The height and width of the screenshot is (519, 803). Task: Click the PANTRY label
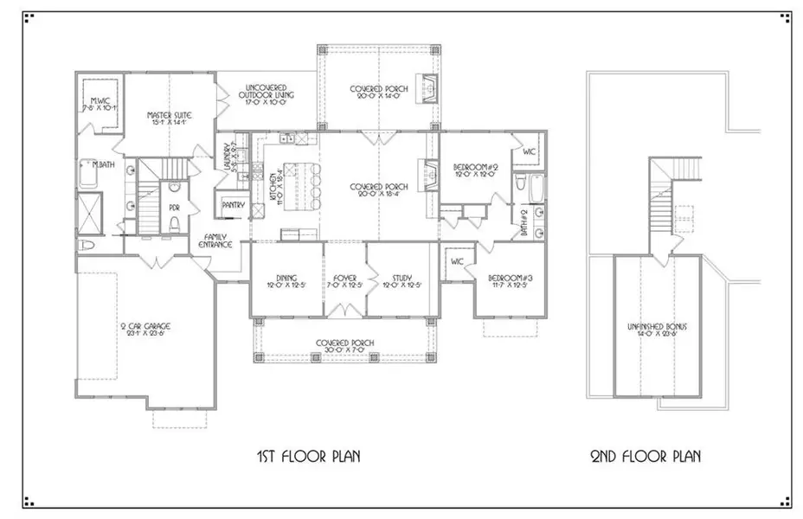[233, 205]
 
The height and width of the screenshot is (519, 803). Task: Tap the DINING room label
[286, 280]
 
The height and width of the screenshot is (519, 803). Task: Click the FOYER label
[344, 280]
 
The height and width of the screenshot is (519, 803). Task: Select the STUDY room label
[403, 280]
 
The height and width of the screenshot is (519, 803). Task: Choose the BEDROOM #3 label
[510, 280]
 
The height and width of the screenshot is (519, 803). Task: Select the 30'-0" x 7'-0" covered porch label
[344, 347]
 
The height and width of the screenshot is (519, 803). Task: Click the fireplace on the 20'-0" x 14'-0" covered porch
[430, 86]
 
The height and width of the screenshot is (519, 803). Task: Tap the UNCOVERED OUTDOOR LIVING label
[269, 93]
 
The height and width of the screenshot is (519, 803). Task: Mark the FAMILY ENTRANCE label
[217, 241]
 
